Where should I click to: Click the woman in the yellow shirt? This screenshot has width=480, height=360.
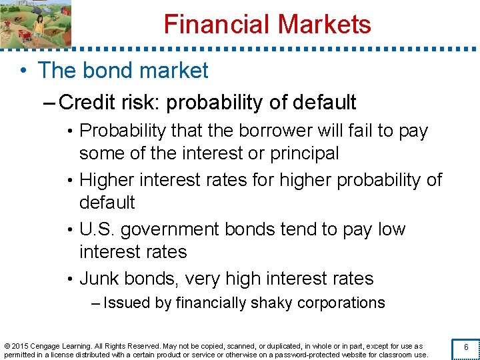(x=39, y=25)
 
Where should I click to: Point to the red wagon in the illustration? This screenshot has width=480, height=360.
(x=22, y=35)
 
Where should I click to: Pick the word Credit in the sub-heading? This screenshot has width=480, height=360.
(x=85, y=103)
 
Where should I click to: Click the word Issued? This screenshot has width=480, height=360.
(x=127, y=303)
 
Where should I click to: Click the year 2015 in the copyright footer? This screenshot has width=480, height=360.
(x=19, y=346)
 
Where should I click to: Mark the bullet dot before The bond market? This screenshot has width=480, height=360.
(x=24, y=71)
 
